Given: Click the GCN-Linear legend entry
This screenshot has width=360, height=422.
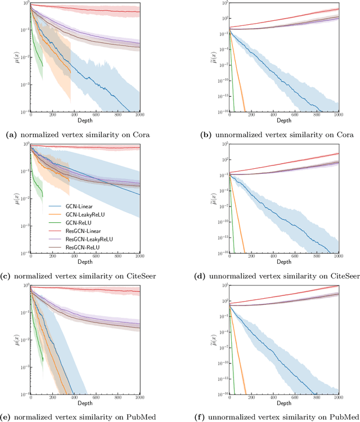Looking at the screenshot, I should point(68,208).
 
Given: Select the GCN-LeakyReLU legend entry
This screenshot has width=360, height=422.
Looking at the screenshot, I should point(72,216).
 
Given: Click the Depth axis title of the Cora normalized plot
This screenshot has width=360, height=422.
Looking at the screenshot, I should point(86,121).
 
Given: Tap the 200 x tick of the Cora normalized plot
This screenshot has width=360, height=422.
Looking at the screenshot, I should point(52,115).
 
